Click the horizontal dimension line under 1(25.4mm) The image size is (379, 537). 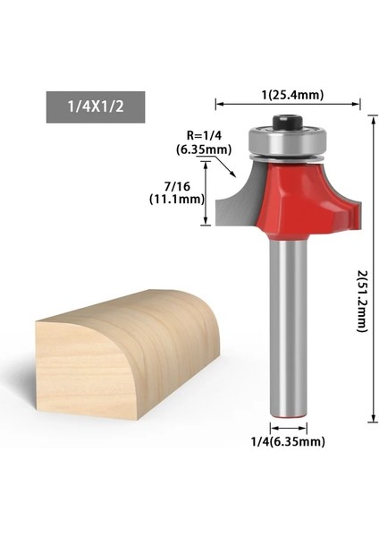[287, 105]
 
